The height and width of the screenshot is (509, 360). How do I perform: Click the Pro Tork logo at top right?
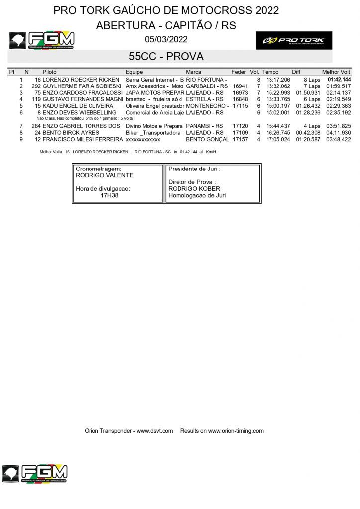click(x=293, y=40)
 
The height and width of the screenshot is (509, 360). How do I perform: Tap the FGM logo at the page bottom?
click(x=35, y=474)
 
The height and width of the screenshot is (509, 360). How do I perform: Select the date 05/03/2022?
click(x=166, y=39)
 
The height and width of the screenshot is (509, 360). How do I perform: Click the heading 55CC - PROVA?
click(x=166, y=56)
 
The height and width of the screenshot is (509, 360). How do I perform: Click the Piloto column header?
click(x=50, y=72)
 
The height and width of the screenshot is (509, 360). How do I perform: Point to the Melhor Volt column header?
click(x=336, y=72)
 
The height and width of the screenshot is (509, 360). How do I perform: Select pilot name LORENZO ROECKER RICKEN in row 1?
click(x=81, y=80)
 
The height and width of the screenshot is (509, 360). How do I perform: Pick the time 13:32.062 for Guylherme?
click(x=278, y=86)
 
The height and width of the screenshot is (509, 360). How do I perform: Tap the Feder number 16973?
click(x=240, y=93)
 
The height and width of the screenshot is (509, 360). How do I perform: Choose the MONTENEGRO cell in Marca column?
click(x=207, y=106)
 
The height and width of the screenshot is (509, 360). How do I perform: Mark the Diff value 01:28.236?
click(x=308, y=113)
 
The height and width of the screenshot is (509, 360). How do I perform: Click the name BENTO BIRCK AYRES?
click(x=71, y=133)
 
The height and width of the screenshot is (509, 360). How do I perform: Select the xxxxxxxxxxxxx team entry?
click(x=143, y=140)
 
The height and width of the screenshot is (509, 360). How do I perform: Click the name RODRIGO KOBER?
click(x=194, y=189)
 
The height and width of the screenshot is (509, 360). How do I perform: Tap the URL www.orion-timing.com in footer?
click(x=236, y=431)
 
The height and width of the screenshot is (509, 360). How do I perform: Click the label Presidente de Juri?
click(x=194, y=169)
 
